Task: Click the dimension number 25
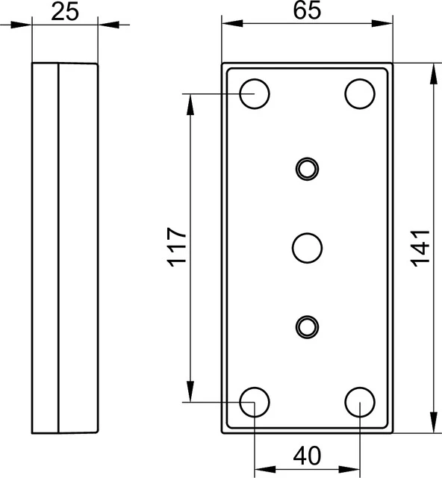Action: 65,13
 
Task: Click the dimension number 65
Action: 307,10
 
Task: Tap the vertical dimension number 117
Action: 177,247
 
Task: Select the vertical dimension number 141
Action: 420,248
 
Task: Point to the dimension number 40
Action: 307,456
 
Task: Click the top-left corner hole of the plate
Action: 255,93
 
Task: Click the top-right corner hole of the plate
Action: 360,93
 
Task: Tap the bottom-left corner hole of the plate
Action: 255,402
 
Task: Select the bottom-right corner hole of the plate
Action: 360,402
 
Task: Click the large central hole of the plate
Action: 307,248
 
